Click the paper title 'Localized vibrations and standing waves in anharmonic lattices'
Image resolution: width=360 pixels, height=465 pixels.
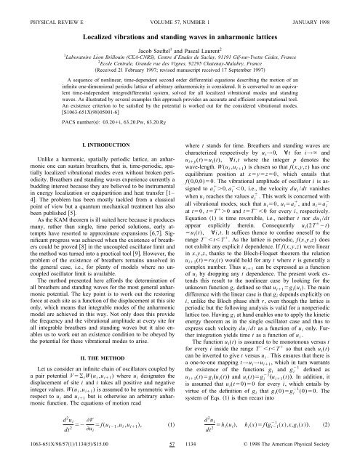[x=180, y=35]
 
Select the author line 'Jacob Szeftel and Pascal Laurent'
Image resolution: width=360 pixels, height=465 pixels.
[x=180, y=49]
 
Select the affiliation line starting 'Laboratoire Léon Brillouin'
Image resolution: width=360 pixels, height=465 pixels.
[x=180, y=59]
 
